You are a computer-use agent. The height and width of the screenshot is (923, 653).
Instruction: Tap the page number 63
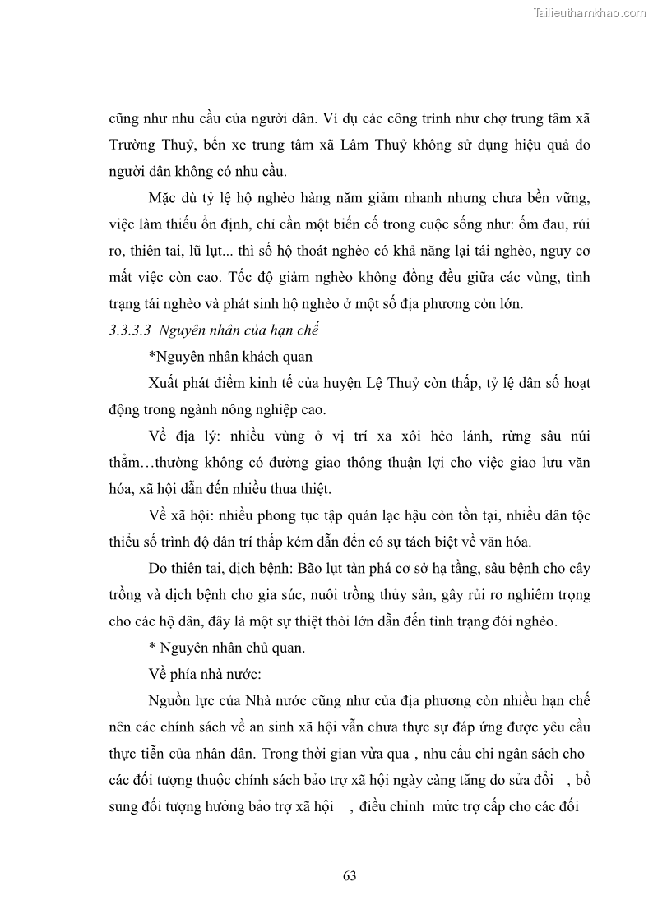click(350, 875)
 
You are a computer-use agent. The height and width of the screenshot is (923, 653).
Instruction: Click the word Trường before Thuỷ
click(135, 145)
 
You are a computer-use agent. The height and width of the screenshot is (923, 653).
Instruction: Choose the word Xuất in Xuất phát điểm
click(167, 383)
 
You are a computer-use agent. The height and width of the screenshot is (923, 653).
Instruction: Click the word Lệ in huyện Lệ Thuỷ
click(373, 383)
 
